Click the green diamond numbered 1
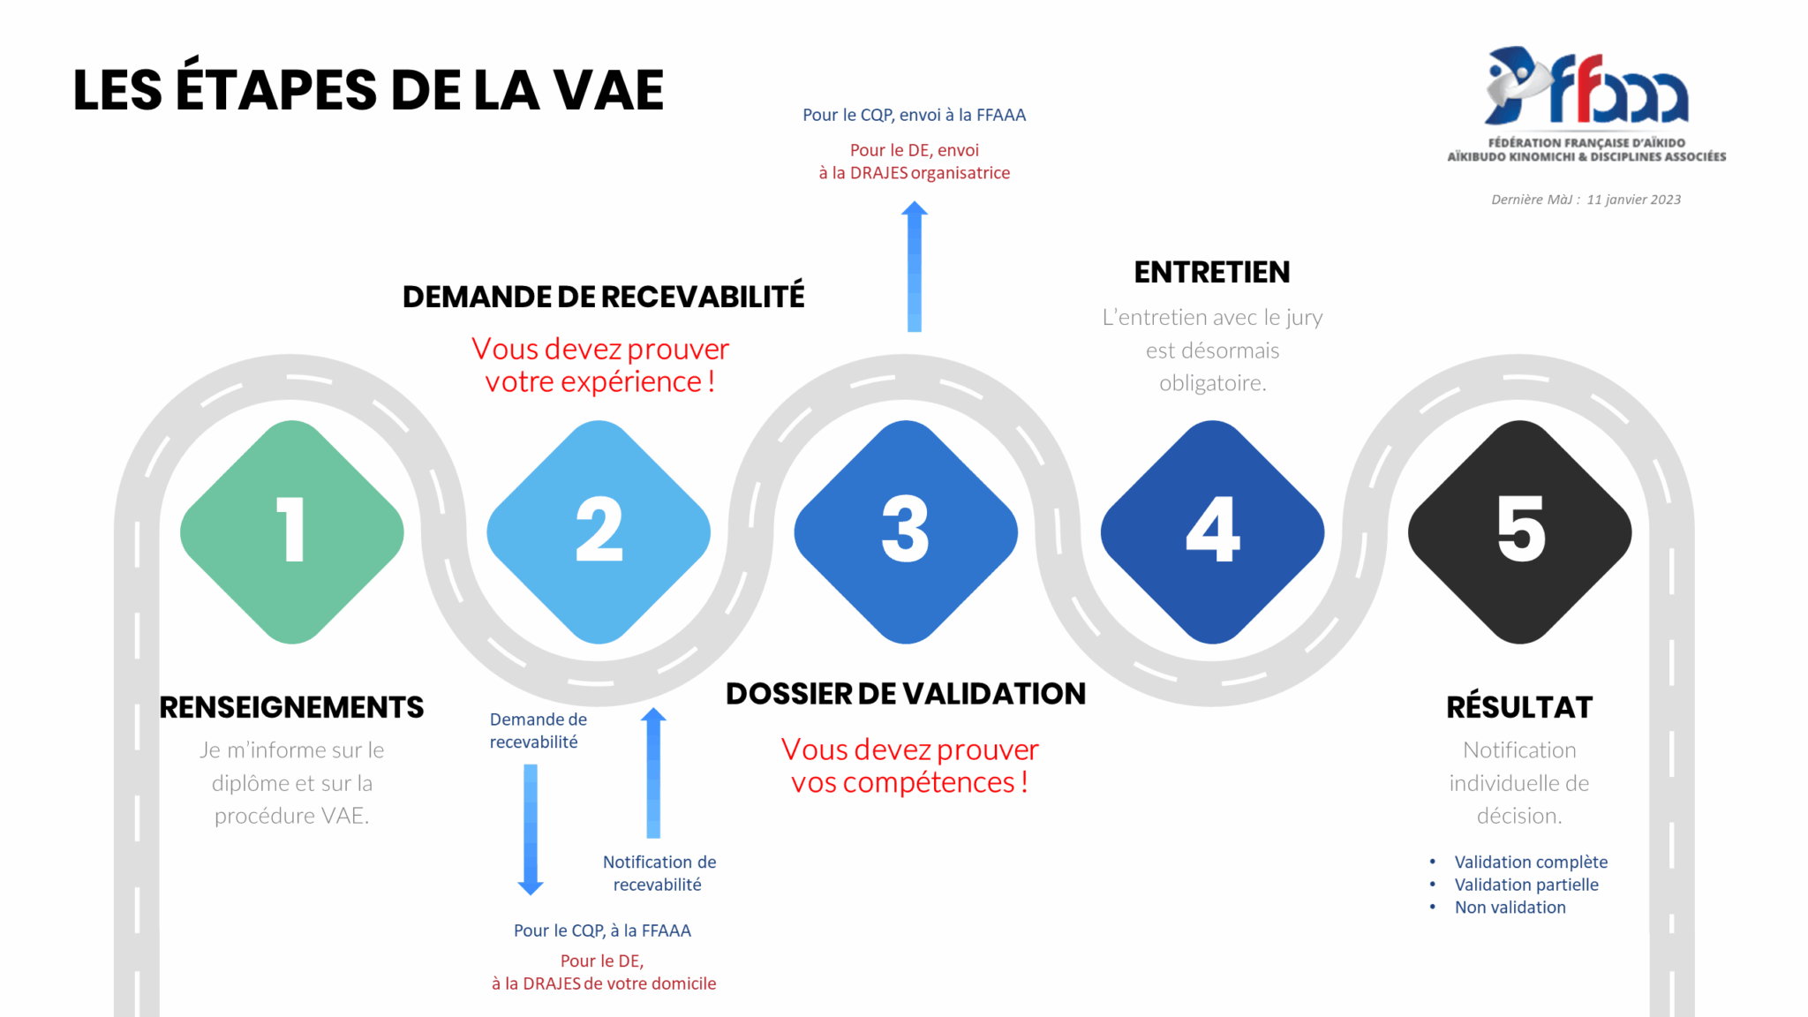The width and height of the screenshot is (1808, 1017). click(x=292, y=531)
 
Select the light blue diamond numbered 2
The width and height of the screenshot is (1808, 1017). click(x=599, y=531)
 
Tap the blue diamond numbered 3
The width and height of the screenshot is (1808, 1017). click(x=906, y=531)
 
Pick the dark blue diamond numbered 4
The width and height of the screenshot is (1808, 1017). click(x=1212, y=531)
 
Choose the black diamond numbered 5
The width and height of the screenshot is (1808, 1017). click(x=1519, y=531)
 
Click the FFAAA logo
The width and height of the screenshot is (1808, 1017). click(x=1586, y=104)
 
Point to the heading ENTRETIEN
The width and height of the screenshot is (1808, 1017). click(x=1212, y=272)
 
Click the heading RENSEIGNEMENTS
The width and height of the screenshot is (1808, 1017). click(x=291, y=707)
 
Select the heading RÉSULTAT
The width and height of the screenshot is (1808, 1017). click(x=1519, y=706)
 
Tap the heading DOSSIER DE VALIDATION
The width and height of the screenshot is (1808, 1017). click(x=906, y=694)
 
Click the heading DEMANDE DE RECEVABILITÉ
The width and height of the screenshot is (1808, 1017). click(x=604, y=296)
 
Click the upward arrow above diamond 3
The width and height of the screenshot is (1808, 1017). click(x=915, y=267)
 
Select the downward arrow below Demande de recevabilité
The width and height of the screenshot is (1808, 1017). click(x=531, y=830)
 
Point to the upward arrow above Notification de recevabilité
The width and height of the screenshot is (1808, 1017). click(x=653, y=772)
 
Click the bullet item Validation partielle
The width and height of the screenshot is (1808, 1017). click(x=1526, y=885)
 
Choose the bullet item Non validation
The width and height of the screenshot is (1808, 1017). click(x=1510, y=908)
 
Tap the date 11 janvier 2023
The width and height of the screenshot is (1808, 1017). click(x=1633, y=200)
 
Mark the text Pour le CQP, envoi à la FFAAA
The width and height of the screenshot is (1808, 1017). click(x=914, y=115)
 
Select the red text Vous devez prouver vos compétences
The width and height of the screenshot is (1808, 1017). click(x=909, y=765)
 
